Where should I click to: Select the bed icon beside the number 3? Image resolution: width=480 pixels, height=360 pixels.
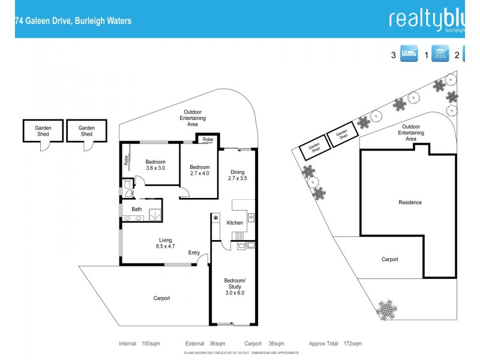pyautogui.click(x=409, y=55)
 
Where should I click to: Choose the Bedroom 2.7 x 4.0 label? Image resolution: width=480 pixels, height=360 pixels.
pyautogui.click(x=200, y=170)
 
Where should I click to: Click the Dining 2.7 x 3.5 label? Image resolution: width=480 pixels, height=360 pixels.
pyautogui.click(x=238, y=175)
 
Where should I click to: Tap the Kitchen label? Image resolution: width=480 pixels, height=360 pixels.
pyautogui.click(x=235, y=223)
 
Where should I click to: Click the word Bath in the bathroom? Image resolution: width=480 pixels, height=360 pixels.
pyautogui.click(x=137, y=209)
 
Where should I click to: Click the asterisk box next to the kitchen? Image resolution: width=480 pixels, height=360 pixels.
pyautogui.click(x=215, y=218)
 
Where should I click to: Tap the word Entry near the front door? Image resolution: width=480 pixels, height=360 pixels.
pyautogui.click(x=194, y=253)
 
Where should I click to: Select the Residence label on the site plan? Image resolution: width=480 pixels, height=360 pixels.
pyautogui.click(x=410, y=202)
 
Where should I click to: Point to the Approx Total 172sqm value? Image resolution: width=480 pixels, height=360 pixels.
pyautogui.click(x=335, y=344)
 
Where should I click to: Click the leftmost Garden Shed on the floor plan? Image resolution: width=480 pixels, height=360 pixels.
pyautogui.click(x=43, y=131)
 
